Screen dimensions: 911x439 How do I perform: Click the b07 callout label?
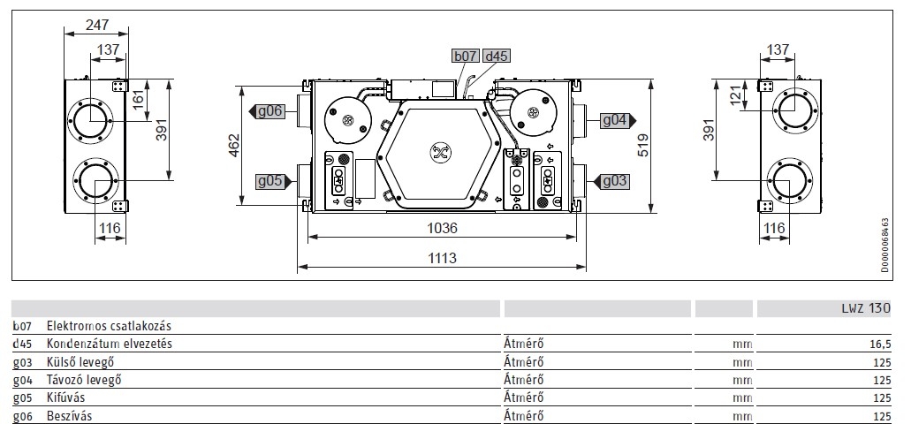tap(466, 56)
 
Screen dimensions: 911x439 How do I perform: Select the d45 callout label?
tap(497, 56)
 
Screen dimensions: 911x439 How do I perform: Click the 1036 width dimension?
tap(442, 228)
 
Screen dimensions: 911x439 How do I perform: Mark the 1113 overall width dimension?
tap(442, 258)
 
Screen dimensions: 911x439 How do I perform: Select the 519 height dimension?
tap(643, 145)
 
